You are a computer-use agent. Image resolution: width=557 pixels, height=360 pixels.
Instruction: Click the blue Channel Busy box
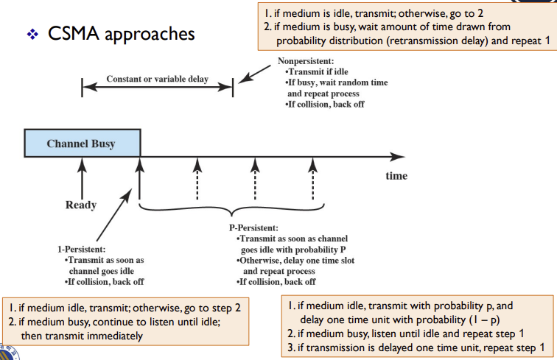tap(81, 143)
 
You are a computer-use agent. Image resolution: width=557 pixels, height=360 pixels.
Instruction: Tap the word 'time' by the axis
tap(396, 176)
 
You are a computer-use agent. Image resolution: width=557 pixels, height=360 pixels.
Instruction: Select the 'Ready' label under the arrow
tap(81, 205)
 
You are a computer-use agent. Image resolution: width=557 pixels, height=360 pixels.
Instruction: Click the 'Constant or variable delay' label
tap(157, 79)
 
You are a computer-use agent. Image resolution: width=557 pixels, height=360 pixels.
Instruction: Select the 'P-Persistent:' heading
tap(253, 229)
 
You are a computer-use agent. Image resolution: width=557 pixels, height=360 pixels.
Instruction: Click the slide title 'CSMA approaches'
tap(122, 34)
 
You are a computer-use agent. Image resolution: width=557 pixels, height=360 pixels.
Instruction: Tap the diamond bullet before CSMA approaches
tap(32, 35)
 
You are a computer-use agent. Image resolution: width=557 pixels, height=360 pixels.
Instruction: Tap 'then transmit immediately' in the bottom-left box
tap(81, 336)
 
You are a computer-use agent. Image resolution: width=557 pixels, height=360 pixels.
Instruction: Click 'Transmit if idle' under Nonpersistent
tap(315, 71)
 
